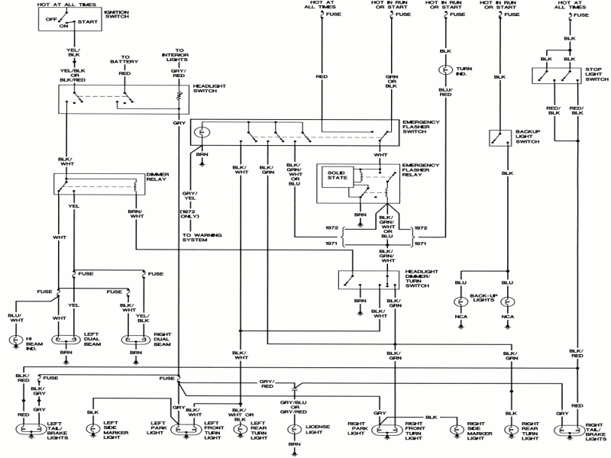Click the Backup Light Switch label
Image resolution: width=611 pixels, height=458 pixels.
[527, 137]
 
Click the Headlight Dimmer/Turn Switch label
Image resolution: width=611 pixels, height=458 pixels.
[422, 279]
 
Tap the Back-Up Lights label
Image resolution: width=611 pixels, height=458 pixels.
[484, 296]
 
